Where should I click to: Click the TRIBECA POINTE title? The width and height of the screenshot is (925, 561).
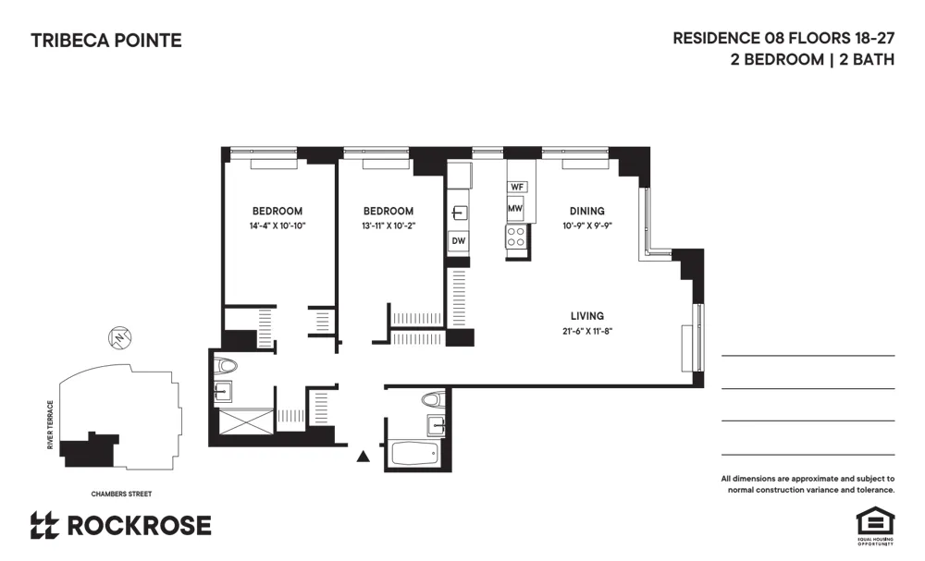[106, 41]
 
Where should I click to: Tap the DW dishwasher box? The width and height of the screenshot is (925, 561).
[458, 242]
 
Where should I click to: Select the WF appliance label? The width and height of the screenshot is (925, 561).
[517, 187]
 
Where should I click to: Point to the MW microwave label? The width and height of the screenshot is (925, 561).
[515, 209]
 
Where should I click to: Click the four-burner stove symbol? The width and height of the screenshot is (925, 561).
[517, 238]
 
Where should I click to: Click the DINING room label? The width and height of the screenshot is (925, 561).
[586, 211]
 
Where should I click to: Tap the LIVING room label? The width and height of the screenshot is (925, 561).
[587, 316]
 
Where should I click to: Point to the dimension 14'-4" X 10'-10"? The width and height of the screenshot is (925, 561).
[277, 226]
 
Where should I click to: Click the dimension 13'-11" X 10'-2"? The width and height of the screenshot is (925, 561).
[388, 226]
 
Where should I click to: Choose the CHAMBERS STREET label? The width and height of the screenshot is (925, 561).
[121, 494]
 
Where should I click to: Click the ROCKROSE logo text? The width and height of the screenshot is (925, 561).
[139, 526]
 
